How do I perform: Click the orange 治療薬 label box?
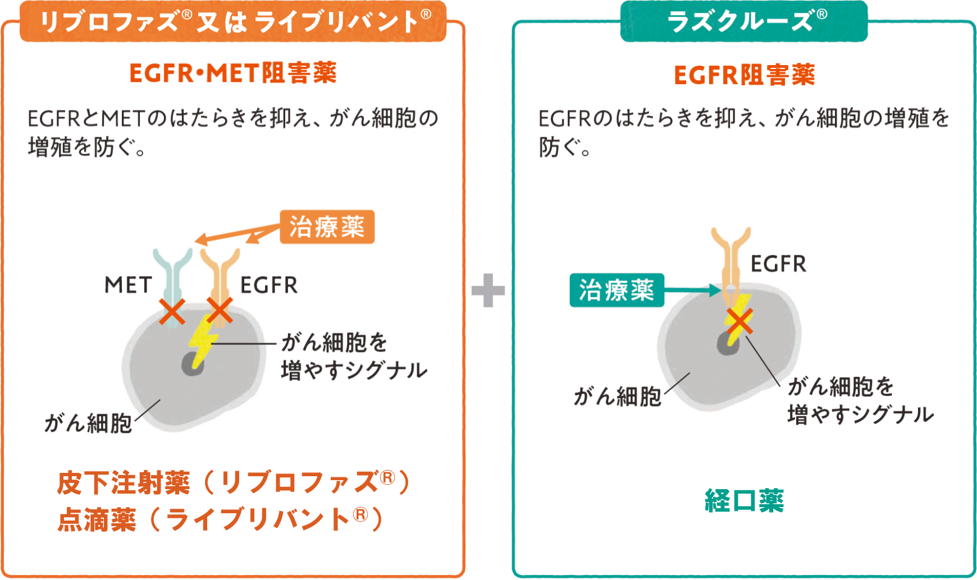pos(327,227)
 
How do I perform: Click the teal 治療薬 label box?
pos(617,290)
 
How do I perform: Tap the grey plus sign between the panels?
pos(488,290)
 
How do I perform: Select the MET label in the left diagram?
pos(128,285)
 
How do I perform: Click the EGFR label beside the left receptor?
pos(269,285)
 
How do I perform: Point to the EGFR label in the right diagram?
pos(778,264)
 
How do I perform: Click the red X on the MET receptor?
pos(172,312)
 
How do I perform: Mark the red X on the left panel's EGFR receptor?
pos(220,310)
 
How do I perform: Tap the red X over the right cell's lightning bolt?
pos(739,321)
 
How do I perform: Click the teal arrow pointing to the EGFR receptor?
pos(693,290)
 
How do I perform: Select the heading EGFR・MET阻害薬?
pos(233,73)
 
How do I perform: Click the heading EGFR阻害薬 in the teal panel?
pos(744,75)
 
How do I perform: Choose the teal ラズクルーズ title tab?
pos(744,21)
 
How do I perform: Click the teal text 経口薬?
pos(744,500)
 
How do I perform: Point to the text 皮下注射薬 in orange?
pos(124,483)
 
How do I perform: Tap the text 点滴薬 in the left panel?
pos(97,519)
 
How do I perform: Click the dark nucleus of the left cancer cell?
pos(193,365)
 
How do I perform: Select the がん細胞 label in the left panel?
pos(88,423)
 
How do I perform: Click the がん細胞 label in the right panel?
pos(617,397)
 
